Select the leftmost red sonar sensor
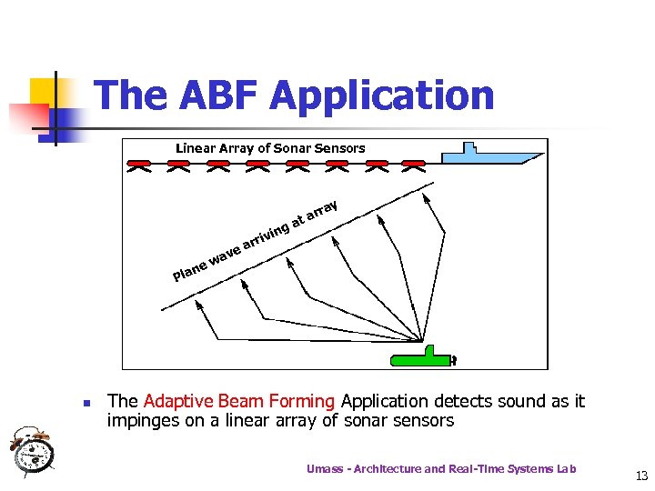tap(139, 166)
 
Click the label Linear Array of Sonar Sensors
tap(269, 148)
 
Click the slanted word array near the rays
tap(322, 211)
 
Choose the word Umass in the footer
tap(325, 469)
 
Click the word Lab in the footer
tap(566, 469)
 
